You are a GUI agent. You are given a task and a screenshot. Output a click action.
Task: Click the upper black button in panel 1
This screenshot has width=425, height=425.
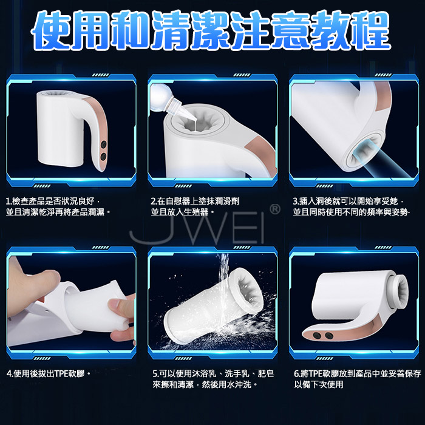pos(104,144)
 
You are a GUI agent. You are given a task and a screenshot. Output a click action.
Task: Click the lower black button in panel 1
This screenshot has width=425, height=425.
pos(103,157)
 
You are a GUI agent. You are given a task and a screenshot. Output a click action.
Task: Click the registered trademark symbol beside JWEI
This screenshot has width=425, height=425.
pos(275,209)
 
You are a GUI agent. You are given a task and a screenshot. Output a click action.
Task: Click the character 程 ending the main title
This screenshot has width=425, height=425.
pos(369,30)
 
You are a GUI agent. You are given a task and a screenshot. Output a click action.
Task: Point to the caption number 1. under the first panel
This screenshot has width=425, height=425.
pos(9,202)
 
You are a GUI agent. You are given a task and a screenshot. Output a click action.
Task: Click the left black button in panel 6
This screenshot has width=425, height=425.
pos(317,336)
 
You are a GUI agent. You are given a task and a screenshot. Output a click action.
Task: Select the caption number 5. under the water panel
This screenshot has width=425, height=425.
pos(155,374)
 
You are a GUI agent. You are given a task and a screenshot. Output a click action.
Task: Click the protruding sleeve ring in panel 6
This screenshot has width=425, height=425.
pos(399,291)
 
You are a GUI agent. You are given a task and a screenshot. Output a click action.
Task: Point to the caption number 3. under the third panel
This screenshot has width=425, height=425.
pos(296,202)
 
